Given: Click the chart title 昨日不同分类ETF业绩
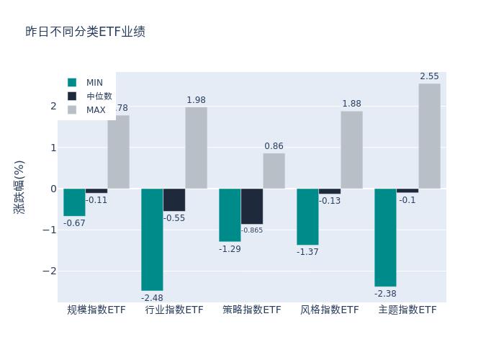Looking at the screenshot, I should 85,32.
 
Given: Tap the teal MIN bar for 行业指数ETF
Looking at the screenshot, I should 152,239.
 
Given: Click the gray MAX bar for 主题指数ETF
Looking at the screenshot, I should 429,136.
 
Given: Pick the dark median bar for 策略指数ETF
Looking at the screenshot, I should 252,207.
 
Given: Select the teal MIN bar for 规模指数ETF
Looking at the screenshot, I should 74,202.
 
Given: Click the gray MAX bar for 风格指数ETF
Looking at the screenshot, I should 351,150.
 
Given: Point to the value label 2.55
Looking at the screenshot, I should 429,76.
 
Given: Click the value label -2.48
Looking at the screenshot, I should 152,298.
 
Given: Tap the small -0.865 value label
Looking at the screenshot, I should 252,230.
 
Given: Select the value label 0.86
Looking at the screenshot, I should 274,146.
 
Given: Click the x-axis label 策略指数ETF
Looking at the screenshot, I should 252,310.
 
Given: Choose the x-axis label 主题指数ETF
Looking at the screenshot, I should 408,310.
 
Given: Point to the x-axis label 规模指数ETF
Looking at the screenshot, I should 96,310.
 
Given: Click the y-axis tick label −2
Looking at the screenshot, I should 50,271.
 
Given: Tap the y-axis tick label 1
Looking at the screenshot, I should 53,148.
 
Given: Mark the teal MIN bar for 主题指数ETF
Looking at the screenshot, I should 385,238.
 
